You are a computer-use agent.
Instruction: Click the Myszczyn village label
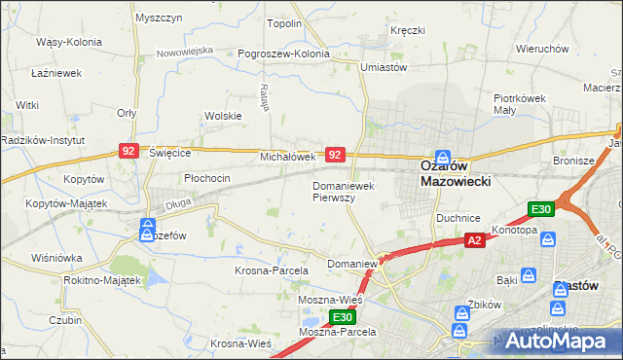pos(160,18)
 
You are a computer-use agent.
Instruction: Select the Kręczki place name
pos(408,30)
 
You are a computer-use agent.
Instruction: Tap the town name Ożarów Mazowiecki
pos(455,173)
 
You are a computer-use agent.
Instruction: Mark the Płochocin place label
pos(206,178)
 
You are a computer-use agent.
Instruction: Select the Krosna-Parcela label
pos(271,270)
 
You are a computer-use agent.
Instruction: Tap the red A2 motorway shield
pos(474,240)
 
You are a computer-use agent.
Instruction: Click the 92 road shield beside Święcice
pos(129,151)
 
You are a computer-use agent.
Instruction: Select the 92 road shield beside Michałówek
pos(335,155)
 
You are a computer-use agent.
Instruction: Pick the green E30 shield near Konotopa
pos(541,209)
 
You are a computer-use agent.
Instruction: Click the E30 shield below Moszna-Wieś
pos(341,317)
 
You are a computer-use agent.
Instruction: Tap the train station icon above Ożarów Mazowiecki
pos(442,156)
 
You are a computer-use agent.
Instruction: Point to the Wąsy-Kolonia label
pos(62,43)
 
